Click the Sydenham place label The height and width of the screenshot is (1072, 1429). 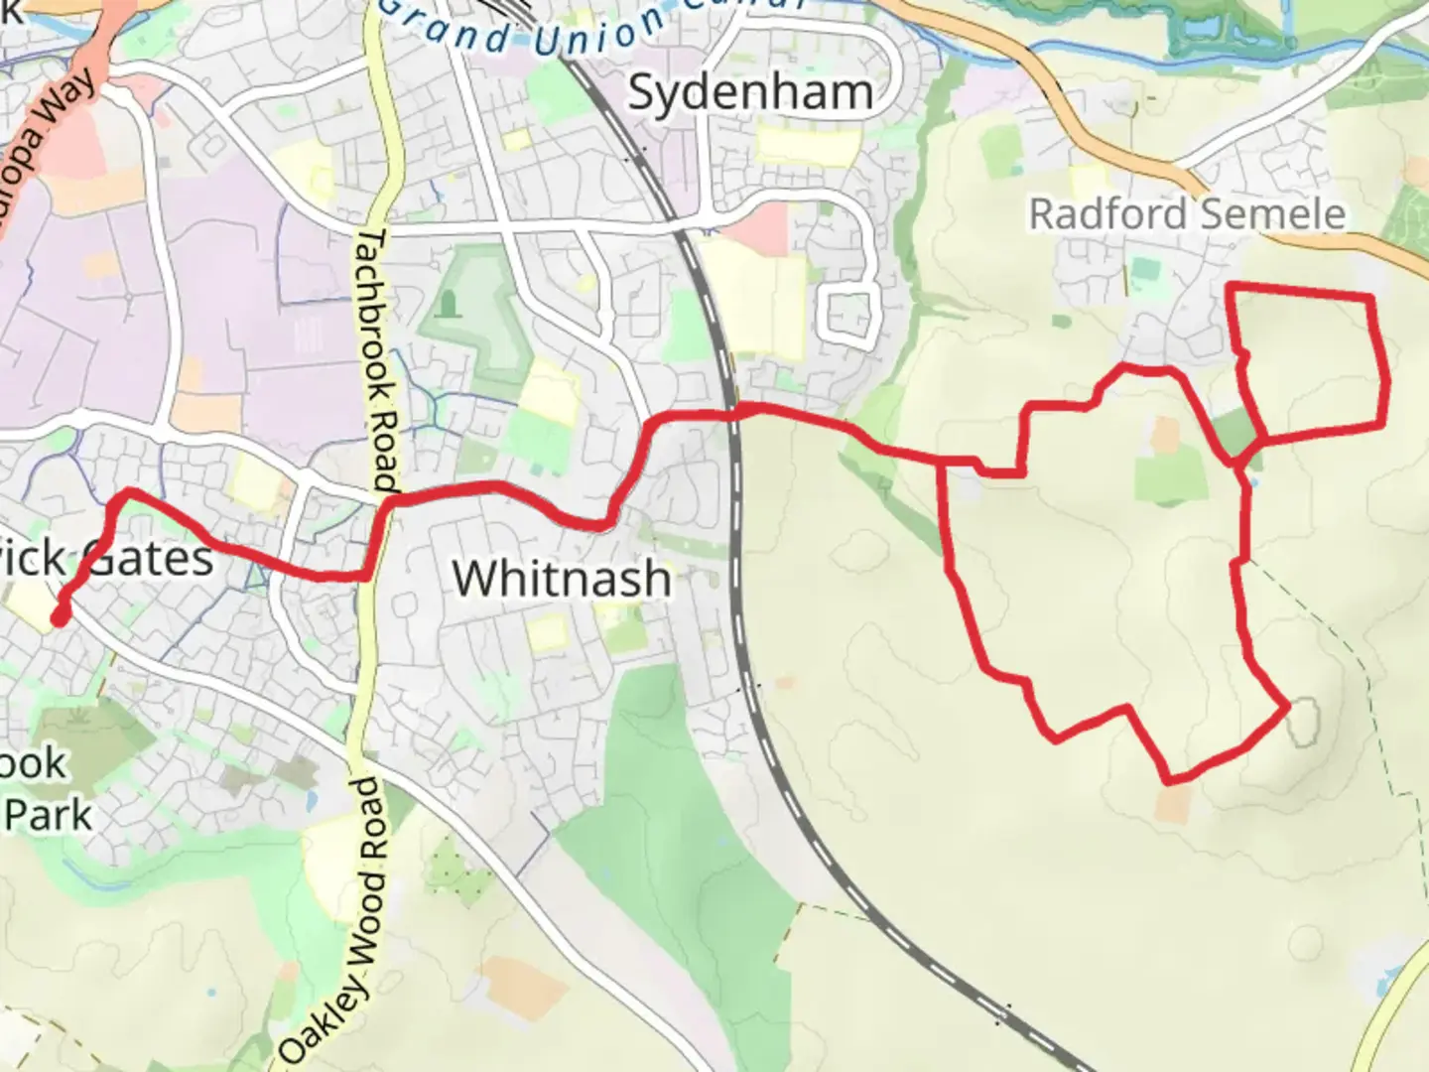pyautogui.click(x=751, y=92)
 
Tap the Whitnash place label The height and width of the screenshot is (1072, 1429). pyautogui.click(x=562, y=578)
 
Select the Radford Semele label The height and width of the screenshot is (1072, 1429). pyautogui.click(x=1187, y=213)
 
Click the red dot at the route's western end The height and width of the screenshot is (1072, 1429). pyautogui.click(x=60, y=616)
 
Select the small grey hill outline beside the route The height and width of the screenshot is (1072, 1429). pyautogui.click(x=1304, y=722)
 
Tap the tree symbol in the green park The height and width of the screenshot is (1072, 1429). pyautogui.click(x=449, y=301)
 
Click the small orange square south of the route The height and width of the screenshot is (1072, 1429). pyautogui.click(x=1173, y=804)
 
